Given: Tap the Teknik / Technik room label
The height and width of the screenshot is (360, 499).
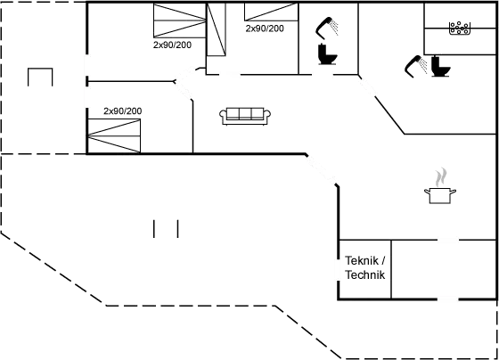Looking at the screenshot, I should pos(364,268).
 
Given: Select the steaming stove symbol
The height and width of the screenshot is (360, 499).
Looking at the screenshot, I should pos(439,186).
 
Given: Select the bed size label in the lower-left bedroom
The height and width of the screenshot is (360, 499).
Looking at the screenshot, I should pos(123,111).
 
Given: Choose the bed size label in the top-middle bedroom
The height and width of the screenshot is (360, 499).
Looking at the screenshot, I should pos(264,29).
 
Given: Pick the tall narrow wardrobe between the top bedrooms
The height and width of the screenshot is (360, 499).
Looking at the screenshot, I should pos(215,33).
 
